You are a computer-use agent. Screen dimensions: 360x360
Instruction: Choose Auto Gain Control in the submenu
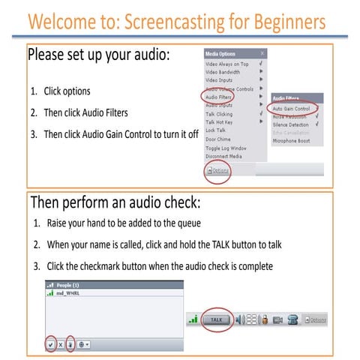coord(292,108)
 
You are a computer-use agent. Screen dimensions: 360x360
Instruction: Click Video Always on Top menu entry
coord(227,64)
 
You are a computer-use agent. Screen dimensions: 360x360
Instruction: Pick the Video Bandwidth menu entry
coord(224,73)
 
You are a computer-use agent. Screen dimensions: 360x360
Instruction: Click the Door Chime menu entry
coord(218,139)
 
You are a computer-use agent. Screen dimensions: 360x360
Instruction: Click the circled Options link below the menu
coord(218,171)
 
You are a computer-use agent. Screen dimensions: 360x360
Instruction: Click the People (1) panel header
coord(71,286)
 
